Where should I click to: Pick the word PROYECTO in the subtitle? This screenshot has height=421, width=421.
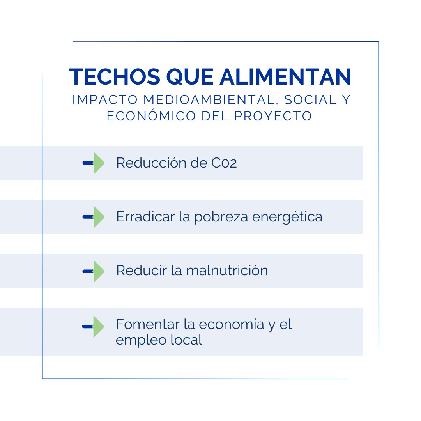click(275, 116)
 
